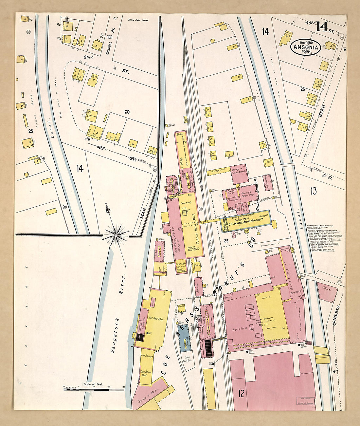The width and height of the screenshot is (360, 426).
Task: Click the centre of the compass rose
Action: (x=116, y=235)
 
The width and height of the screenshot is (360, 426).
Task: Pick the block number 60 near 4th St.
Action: (x=127, y=112)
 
